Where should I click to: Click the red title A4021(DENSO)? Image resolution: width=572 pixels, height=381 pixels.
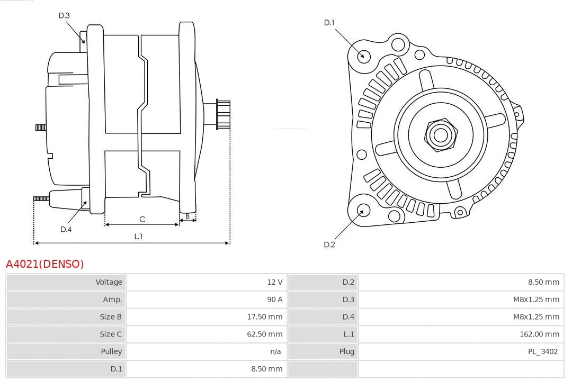(44, 264)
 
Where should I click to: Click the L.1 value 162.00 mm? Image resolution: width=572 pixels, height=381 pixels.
(539, 334)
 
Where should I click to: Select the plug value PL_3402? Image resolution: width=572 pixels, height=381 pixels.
(542, 351)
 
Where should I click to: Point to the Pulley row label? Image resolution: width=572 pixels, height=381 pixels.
(111, 351)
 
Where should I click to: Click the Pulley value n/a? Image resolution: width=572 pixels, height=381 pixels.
(275, 351)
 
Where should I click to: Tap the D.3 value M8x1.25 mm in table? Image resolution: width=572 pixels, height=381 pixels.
(536, 300)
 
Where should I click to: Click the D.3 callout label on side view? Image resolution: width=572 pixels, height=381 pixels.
(64, 15)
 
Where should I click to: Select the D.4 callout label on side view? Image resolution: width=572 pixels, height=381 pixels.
(66, 229)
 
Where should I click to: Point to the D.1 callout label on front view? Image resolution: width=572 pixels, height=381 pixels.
(329, 22)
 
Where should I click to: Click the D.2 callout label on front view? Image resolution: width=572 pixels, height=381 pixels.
(329, 244)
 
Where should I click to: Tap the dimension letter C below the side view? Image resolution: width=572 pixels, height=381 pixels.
(142, 219)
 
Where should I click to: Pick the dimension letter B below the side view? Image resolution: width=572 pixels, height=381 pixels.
(187, 216)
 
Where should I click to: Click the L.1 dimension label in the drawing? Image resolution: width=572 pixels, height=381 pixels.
(138, 237)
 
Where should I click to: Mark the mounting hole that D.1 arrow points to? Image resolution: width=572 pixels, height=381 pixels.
(363, 55)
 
